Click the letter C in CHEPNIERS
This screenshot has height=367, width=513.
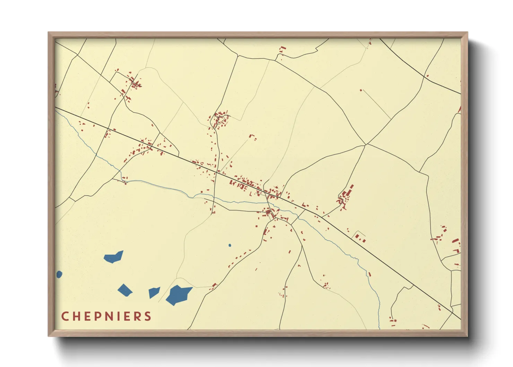(x=64, y=316)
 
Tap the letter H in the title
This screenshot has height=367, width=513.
(x=76, y=316)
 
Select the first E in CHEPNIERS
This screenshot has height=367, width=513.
(x=87, y=316)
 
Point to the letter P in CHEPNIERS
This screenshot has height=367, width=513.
(x=97, y=316)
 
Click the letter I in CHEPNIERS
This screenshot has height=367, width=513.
(x=118, y=316)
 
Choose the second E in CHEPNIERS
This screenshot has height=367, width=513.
(x=127, y=316)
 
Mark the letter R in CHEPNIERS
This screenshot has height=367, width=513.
(x=137, y=316)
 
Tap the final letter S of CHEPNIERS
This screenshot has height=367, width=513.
(x=148, y=316)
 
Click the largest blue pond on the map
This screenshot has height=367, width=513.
(x=178, y=294)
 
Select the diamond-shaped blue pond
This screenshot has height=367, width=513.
(x=125, y=290)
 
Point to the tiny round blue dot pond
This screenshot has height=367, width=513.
(x=230, y=245)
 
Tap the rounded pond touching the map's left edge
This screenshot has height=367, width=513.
(x=59, y=274)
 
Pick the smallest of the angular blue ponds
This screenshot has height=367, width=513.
(x=153, y=292)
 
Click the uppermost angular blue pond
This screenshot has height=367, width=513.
(x=114, y=257)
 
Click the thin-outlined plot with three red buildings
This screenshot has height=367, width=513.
(x=360, y=237)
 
